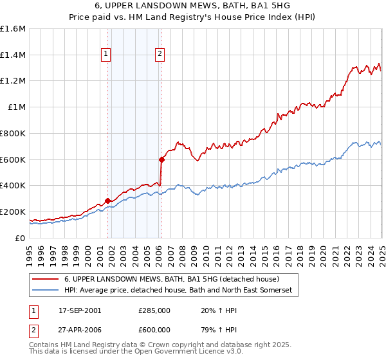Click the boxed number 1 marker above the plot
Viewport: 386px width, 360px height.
point(105,55)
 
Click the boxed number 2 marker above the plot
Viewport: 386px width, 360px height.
point(159,55)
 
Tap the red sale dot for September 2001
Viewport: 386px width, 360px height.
point(107,201)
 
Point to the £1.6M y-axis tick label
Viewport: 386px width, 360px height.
point(13,29)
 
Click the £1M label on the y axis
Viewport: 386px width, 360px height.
point(17,107)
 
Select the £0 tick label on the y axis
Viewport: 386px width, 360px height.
point(21,238)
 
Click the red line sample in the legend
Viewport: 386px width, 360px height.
point(46,280)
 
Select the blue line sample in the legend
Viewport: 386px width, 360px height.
point(46,291)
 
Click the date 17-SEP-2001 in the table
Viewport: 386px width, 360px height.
point(80,310)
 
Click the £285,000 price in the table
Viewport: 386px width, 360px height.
point(154,310)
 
